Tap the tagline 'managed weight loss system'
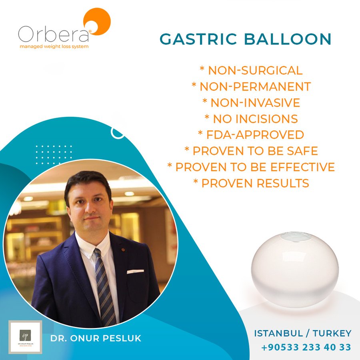54,46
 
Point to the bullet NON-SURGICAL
251,70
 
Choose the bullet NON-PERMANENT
251,86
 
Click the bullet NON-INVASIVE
251,102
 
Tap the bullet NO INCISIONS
251,118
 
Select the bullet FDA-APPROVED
251,134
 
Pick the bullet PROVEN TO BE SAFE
251,151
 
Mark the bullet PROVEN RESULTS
251,183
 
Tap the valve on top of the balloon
295,237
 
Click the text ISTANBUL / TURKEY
303,333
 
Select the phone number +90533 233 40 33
306,347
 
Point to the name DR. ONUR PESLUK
96,338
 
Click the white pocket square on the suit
135,272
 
